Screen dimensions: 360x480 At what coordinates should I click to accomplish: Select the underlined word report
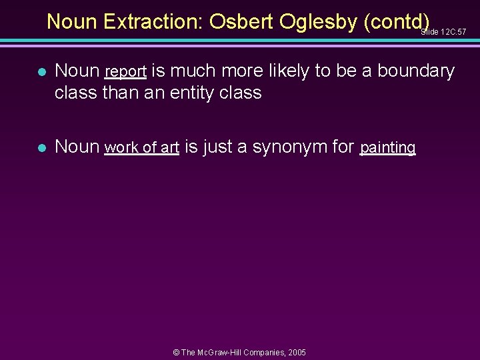click(x=126, y=71)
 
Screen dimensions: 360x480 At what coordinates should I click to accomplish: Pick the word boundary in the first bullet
click(x=419, y=71)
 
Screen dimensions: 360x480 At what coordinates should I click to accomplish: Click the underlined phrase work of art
click(x=142, y=147)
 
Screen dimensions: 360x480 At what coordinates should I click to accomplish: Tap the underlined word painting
click(x=388, y=147)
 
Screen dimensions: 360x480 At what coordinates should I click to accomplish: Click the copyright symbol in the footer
click(x=177, y=352)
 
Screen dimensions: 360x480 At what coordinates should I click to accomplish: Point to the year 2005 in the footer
click(x=296, y=352)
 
